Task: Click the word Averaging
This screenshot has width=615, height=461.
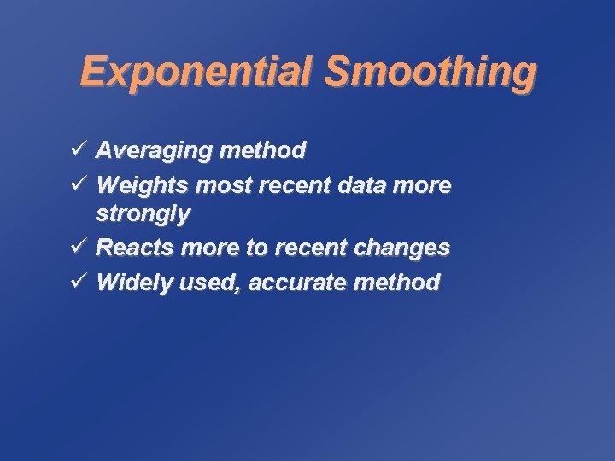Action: coord(154,152)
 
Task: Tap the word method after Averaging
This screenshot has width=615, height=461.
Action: coord(262,151)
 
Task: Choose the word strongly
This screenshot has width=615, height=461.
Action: coord(143,214)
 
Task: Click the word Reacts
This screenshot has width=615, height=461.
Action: coord(132,248)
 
